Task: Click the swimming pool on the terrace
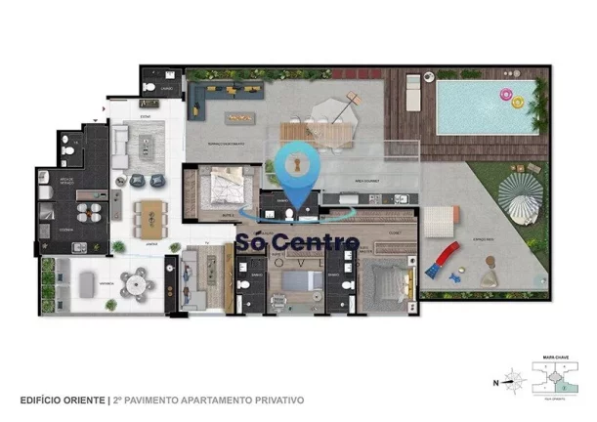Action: (486, 105)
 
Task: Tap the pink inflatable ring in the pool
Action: (507, 96)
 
